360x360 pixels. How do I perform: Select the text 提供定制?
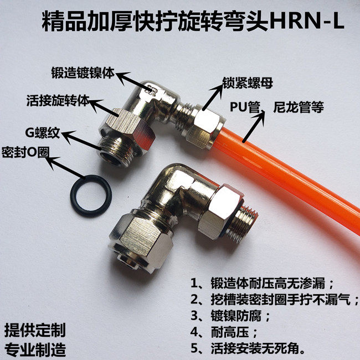[x=34, y=331]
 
